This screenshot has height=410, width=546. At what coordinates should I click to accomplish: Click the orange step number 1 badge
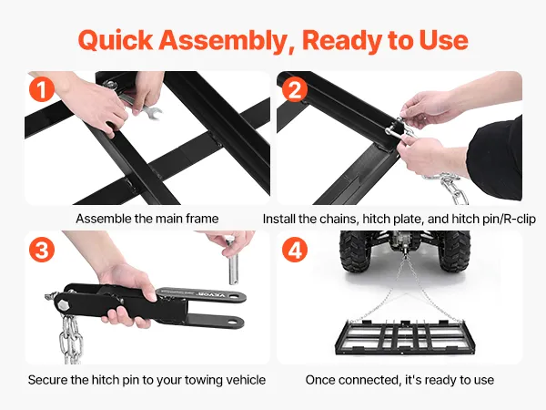(x=42, y=89)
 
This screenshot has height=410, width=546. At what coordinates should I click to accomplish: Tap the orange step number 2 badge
(x=295, y=89)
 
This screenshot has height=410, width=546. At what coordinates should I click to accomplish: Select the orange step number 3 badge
(x=42, y=250)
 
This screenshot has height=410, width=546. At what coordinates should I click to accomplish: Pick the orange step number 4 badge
(x=295, y=250)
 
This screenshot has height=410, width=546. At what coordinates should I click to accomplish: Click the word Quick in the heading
(x=116, y=40)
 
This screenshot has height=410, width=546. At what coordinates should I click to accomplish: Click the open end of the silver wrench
(x=153, y=113)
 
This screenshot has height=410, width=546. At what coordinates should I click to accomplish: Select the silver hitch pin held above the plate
(x=232, y=261)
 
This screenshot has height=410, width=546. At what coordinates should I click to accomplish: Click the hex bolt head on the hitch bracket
(x=63, y=304)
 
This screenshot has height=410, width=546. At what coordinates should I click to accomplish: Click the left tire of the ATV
(x=355, y=251)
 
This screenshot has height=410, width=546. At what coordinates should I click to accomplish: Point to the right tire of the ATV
(x=454, y=251)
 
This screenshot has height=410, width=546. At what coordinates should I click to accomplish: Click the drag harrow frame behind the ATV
(x=400, y=336)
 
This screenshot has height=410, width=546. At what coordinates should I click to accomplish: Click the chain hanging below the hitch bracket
(x=70, y=339)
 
